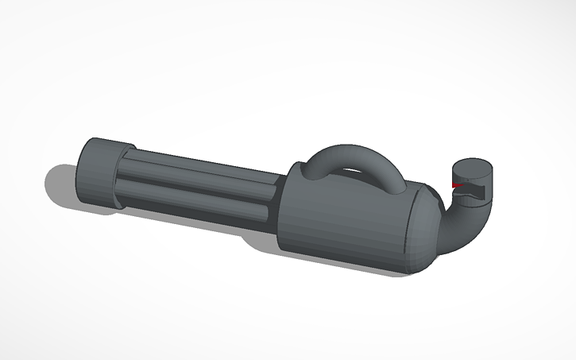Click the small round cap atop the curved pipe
(474, 179)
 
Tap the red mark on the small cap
(457, 185)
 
